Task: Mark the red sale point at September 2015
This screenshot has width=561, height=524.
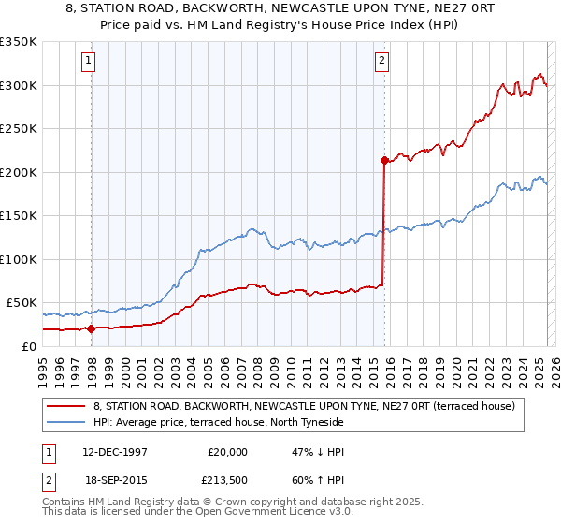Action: tap(384, 161)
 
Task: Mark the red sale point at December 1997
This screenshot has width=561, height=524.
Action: tap(92, 328)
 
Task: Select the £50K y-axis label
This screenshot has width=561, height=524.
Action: tap(22, 303)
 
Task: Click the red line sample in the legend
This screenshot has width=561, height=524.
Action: tap(67, 406)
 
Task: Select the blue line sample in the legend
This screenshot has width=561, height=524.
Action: tap(67, 422)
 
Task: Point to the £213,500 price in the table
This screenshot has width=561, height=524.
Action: tap(227, 479)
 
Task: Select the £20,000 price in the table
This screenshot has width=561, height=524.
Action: tap(227, 451)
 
